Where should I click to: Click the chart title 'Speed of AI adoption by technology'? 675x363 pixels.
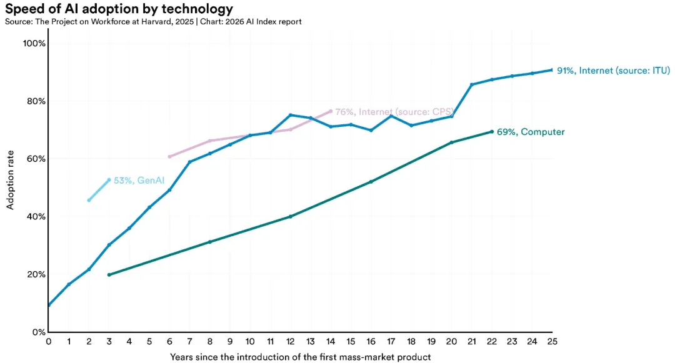119,9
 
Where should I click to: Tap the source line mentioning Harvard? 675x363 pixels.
153,22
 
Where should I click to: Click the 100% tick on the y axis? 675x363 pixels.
34,44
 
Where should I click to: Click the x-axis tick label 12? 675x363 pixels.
291,342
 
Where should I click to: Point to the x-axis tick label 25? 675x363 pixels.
552,342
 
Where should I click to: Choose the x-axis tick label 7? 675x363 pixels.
189,342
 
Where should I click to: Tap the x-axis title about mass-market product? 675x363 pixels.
300,357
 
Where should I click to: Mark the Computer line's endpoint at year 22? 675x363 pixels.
492,132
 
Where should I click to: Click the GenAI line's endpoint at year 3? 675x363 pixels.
109,180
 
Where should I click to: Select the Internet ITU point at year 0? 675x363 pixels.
49,305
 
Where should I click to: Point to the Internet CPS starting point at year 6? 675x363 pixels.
169,157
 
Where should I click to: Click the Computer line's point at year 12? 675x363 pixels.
291,217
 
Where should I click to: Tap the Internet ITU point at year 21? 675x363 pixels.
472,84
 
